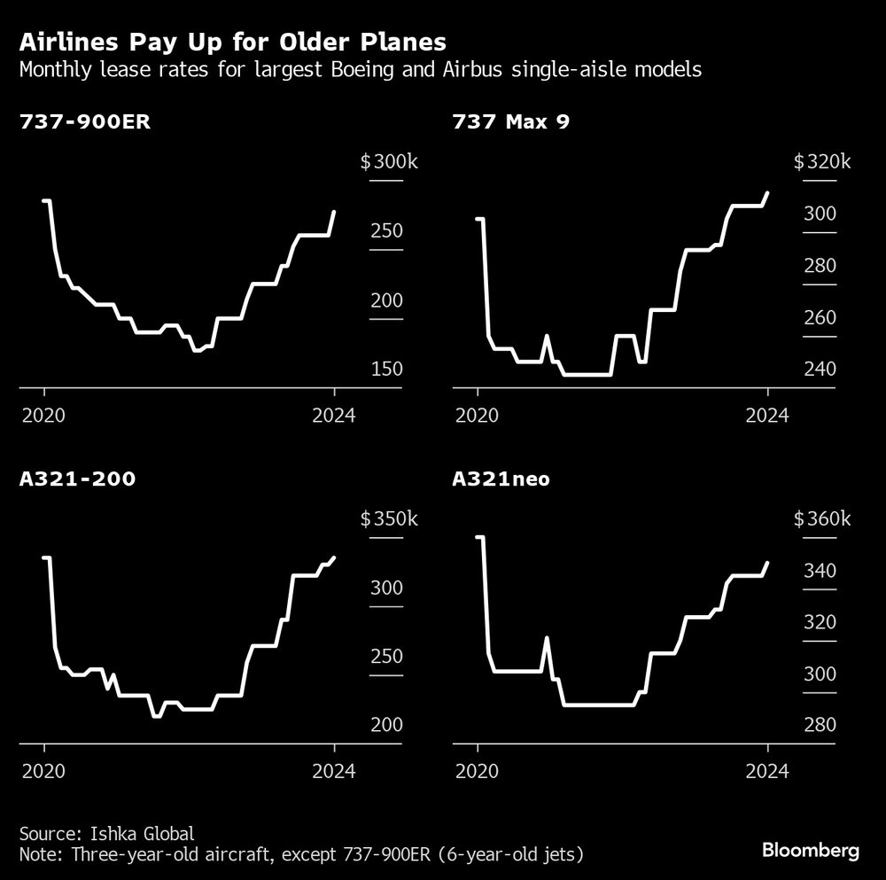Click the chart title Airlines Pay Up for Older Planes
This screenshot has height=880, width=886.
click(232, 42)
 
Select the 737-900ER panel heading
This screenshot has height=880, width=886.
click(85, 122)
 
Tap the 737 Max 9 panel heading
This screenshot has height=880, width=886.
click(511, 122)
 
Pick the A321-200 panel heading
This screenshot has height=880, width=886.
click(77, 479)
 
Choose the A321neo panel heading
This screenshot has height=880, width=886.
click(501, 479)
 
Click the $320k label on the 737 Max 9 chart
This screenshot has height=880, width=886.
click(821, 162)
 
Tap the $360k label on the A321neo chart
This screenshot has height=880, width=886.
click(821, 519)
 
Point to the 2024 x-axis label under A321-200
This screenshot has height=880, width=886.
click(334, 771)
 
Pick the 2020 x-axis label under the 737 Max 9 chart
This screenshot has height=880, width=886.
click(478, 414)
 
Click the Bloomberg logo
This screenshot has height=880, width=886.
click(811, 850)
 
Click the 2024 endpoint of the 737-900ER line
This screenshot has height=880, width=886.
click(334, 212)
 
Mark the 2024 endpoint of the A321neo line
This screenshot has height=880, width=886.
click(767, 563)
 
